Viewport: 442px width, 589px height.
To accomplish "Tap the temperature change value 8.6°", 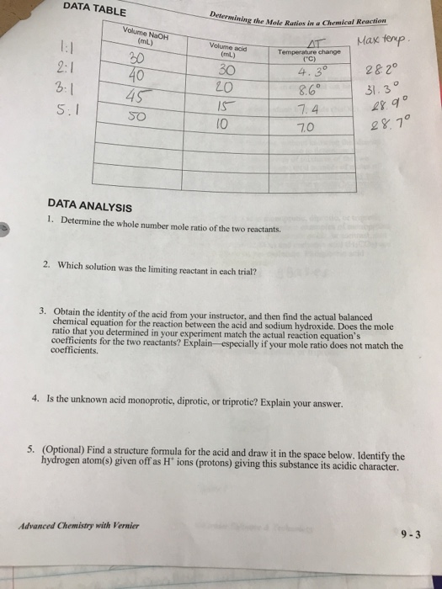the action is [x=306, y=90].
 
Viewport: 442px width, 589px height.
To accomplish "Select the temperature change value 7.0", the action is [x=306, y=125].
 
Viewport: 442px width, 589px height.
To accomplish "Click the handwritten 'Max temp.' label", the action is [x=383, y=41].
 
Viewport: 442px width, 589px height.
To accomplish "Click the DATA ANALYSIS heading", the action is [x=88, y=204].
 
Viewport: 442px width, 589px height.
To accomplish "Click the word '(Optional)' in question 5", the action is [x=80, y=447].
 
